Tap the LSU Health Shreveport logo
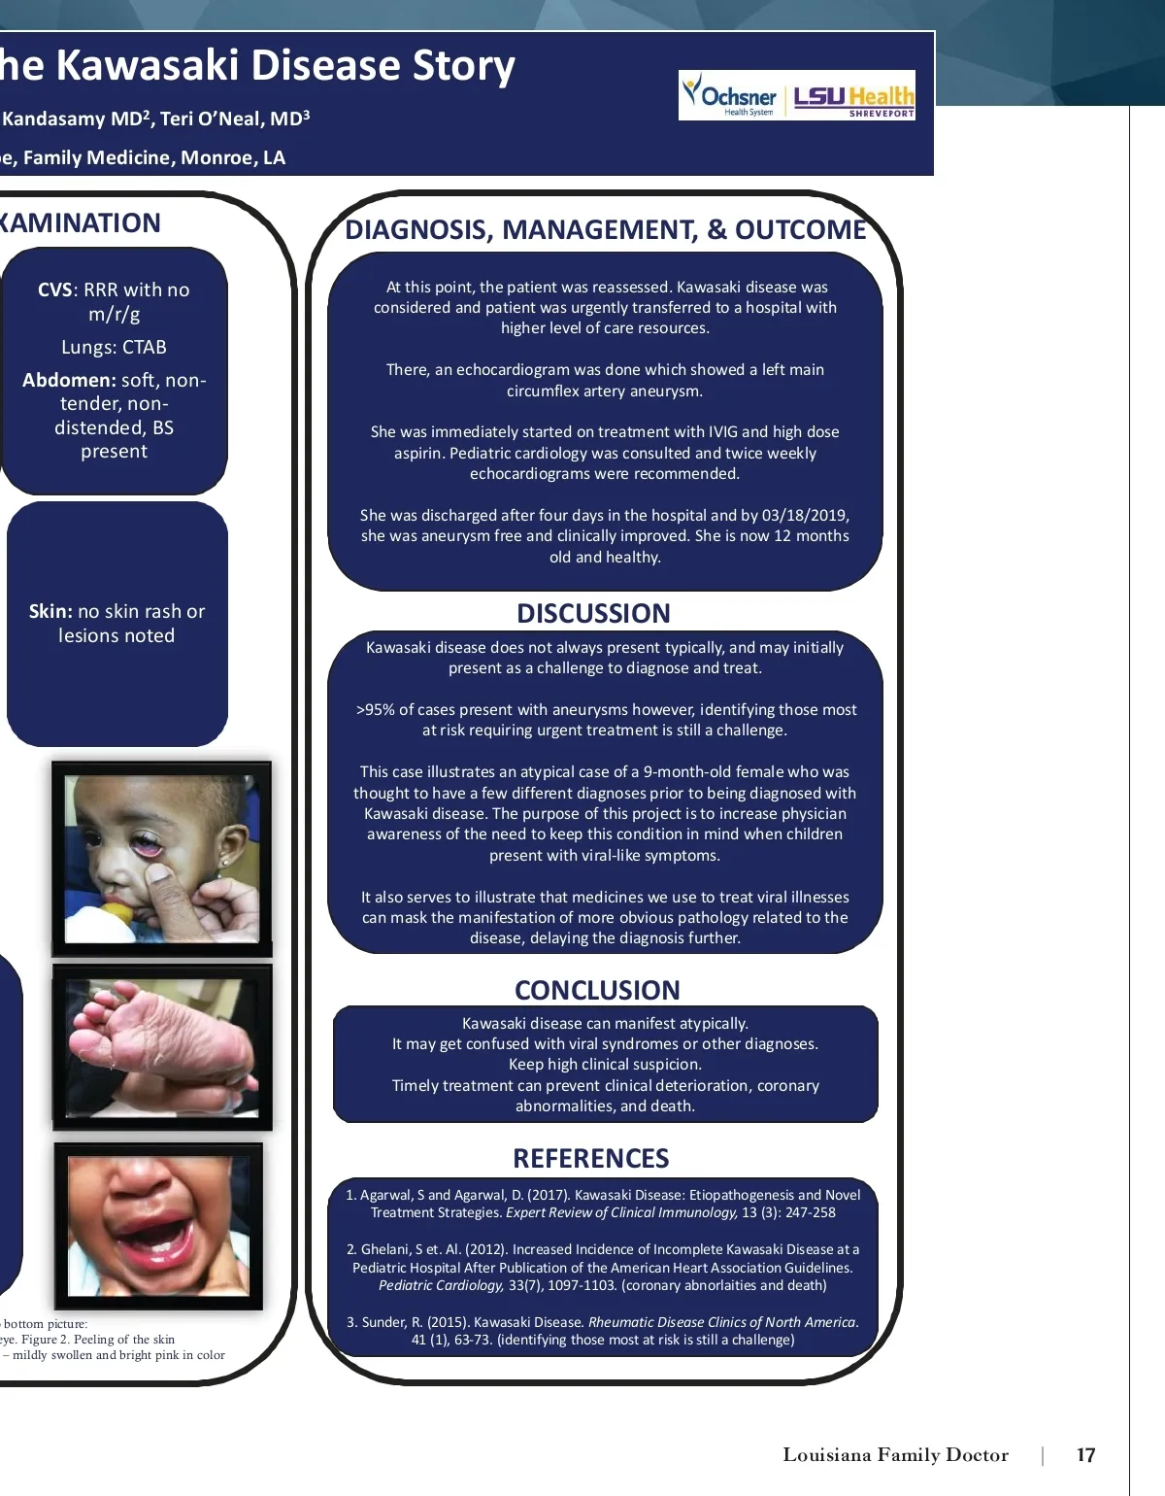[x=853, y=98]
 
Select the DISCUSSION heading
[x=593, y=613]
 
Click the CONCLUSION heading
[x=597, y=990]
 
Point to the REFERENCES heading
[x=590, y=1158]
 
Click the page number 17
[x=1085, y=1455]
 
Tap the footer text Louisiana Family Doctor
[x=895, y=1455]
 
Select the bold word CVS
[x=54, y=289]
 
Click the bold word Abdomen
[x=69, y=380]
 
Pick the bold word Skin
[x=50, y=611]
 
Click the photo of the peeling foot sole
[x=162, y=1046]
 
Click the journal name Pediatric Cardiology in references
[x=441, y=1285]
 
